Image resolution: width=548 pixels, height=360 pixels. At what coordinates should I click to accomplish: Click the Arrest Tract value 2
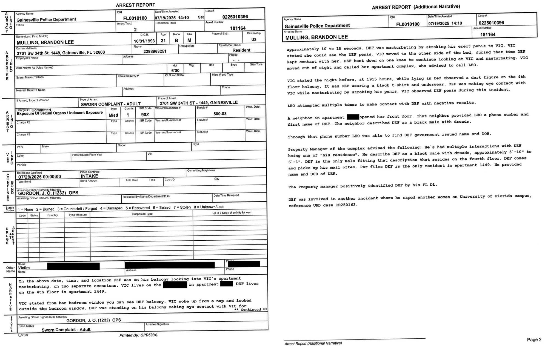pyautogui.click(x=135, y=29)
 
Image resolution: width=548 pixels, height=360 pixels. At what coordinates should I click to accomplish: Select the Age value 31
pyautogui.click(x=163, y=41)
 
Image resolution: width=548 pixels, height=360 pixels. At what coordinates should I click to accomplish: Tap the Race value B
pyautogui.click(x=176, y=41)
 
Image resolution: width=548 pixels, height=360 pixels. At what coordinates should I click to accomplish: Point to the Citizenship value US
pyautogui.click(x=254, y=39)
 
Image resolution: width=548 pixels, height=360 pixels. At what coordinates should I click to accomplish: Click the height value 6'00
pyautogui.click(x=175, y=71)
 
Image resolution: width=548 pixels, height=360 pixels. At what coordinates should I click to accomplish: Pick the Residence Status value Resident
pyautogui.click(x=241, y=50)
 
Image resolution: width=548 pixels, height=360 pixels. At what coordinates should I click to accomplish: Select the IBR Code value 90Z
pyautogui.click(x=145, y=115)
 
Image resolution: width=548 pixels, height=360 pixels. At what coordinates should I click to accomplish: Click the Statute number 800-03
pyautogui.click(x=220, y=114)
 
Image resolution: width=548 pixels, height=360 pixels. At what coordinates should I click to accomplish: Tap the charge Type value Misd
pyautogui.click(x=113, y=115)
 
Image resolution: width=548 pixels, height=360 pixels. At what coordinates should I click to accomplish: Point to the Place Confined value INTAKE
pyautogui.click(x=89, y=176)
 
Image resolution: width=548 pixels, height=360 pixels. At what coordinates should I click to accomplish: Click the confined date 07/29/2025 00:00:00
pyautogui.click(x=39, y=177)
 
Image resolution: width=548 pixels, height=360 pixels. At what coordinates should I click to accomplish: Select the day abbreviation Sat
pyautogui.click(x=201, y=17)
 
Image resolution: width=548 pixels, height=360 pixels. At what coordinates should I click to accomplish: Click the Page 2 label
pyautogui.click(x=534, y=340)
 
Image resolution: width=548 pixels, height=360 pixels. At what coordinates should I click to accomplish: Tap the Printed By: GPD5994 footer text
pyautogui.click(x=138, y=335)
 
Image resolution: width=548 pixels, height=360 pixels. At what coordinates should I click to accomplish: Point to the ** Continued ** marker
pyautogui.click(x=250, y=310)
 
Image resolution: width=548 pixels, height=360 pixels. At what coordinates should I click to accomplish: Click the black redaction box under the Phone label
pyautogui.click(x=244, y=264)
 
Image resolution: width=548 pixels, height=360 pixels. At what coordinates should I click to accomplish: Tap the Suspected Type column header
pyautogui.click(x=142, y=214)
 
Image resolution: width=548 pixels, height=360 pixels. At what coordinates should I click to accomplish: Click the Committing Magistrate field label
pyautogui.click(x=201, y=170)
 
